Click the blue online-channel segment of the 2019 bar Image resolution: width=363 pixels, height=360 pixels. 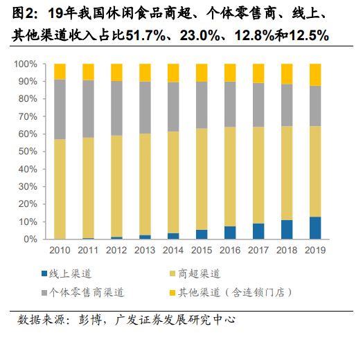315,228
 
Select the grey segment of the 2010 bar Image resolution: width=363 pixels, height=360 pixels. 60,109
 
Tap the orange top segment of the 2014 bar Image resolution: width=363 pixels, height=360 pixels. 173,73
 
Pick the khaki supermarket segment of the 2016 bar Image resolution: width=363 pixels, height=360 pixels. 230,177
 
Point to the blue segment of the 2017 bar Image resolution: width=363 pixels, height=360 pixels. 258,231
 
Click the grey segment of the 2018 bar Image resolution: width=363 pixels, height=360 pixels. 287,105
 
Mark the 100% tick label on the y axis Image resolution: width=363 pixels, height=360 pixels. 26,64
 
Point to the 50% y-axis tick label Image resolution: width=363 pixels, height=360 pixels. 28,152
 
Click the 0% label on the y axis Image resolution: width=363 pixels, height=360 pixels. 30,239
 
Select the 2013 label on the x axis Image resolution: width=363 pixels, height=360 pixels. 145,250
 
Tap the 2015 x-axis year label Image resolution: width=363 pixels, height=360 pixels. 202,250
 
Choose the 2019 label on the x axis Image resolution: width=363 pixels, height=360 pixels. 315,250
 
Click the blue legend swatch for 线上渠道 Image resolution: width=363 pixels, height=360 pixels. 44,273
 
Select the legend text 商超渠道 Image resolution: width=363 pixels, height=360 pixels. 199,273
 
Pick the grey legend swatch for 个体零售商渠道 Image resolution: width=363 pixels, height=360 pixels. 44,293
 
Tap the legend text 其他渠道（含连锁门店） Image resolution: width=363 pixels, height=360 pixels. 236,293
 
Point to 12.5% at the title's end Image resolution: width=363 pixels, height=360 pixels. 309,35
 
